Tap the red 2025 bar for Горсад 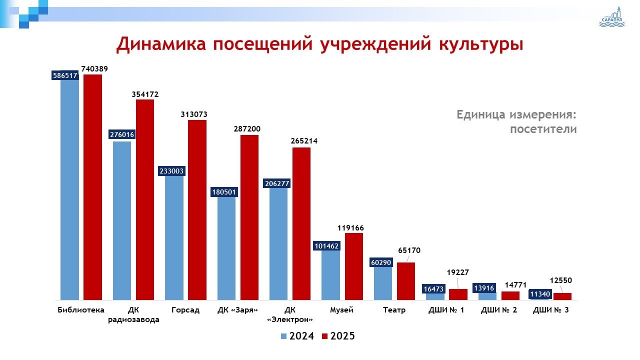(197, 210)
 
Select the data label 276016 (122, 134)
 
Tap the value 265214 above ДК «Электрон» (303, 141)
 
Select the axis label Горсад (185, 310)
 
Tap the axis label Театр (394, 310)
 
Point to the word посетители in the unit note (543, 129)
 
